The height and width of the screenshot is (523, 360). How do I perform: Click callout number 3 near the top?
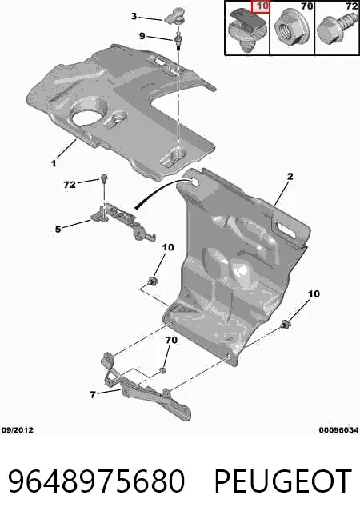click(x=134, y=16)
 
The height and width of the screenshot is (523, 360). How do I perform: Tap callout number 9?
click(x=142, y=35)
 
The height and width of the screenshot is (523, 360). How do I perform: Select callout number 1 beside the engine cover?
click(x=54, y=163)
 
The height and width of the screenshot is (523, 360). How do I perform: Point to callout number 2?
click(x=290, y=176)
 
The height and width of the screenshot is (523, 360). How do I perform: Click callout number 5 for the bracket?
click(x=58, y=229)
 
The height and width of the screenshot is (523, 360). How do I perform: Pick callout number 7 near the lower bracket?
click(x=93, y=394)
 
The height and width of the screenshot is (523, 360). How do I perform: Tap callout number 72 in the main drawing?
click(x=70, y=184)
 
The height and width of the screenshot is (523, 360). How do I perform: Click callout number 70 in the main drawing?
click(x=171, y=340)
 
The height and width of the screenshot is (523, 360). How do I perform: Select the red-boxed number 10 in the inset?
click(x=260, y=7)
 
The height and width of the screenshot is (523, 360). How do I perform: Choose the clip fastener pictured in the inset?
click(x=247, y=30)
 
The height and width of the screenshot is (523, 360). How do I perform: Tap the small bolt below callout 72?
click(x=104, y=178)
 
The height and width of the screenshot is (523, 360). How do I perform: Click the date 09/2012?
click(x=18, y=430)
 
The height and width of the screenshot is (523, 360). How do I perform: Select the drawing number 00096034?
click(x=338, y=430)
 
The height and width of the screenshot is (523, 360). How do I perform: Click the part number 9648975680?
click(x=97, y=481)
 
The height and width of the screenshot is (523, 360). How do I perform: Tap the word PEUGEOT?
click(x=283, y=481)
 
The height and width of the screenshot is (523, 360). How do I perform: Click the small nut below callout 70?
click(x=162, y=370)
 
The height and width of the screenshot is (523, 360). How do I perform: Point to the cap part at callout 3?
click(x=174, y=17)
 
